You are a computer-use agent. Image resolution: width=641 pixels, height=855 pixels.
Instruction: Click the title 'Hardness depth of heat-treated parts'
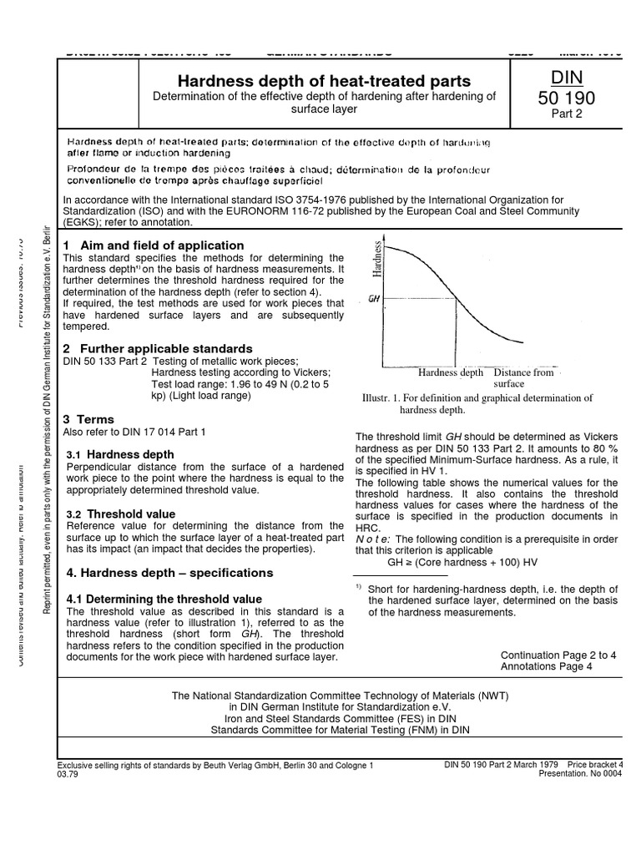[325, 81]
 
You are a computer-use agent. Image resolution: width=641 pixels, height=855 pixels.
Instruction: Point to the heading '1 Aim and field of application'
[154, 245]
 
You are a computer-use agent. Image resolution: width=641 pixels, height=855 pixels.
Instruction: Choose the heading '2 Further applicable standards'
[158, 347]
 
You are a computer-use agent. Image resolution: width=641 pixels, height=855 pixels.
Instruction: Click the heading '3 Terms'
[89, 419]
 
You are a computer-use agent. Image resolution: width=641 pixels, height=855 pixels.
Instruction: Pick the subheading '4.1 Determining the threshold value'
[164, 599]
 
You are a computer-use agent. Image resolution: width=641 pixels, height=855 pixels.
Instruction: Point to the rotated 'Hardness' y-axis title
[377, 259]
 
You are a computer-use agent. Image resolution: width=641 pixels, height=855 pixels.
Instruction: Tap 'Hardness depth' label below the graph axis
[452, 372]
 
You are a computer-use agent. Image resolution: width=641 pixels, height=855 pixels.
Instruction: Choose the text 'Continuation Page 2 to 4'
[558, 655]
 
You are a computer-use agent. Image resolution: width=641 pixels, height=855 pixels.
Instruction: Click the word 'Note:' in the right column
[373, 539]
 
